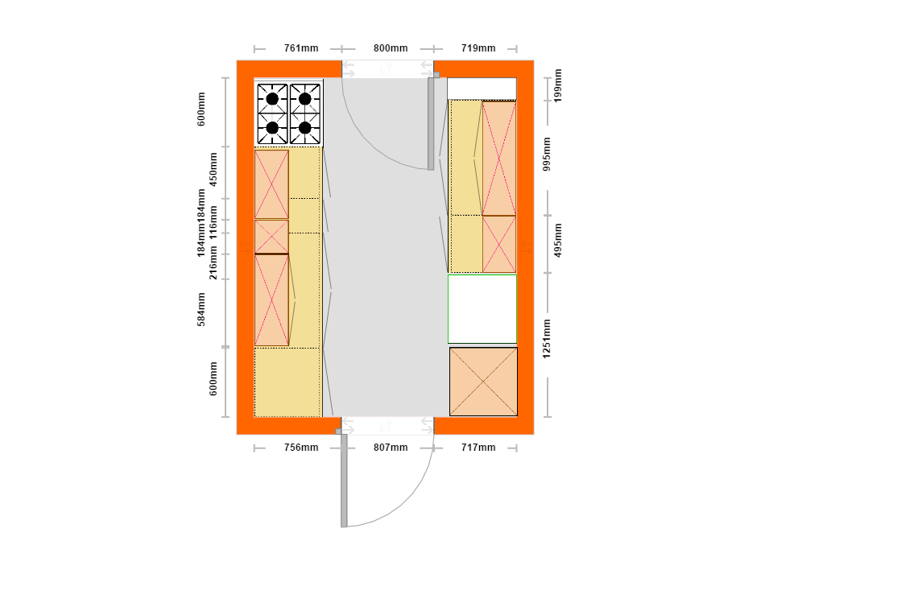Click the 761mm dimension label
[x=301, y=48]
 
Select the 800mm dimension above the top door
[x=391, y=48]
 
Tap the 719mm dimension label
[x=478, y=48]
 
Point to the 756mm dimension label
[x=301, y=447]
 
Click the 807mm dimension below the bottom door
[x=391, y=447]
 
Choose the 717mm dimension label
[x=478, y=447]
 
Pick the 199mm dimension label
[x=557, y=85]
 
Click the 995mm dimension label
[x=547, y=154]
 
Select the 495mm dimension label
[x=557, y=240]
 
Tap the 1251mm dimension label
[x=547, y=339]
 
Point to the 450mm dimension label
[x=213, y=169]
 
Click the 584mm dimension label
[x=201, y=309]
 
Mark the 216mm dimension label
[x=213, y=262]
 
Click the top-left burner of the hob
[x=272, y=99]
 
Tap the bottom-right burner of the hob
[x=305, y=127]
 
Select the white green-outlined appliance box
[x=482, y=309]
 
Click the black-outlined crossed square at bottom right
[x=484, y=382]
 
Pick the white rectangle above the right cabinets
[x=482, y=89]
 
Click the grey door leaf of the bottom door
[x=345, y=481]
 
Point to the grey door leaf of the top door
[x=431, y=123]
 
